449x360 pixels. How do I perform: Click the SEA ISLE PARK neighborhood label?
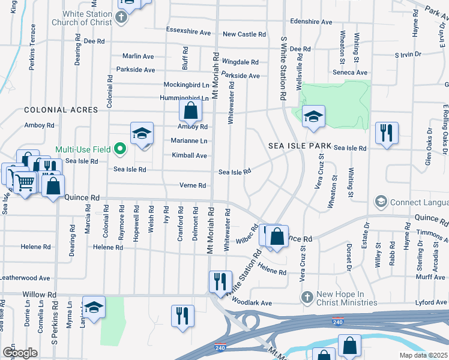[300, 146]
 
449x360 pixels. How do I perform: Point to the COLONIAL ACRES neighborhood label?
[61, 110]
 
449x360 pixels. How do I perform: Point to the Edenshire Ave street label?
[311, 22]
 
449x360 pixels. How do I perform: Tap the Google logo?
[20, 353]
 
